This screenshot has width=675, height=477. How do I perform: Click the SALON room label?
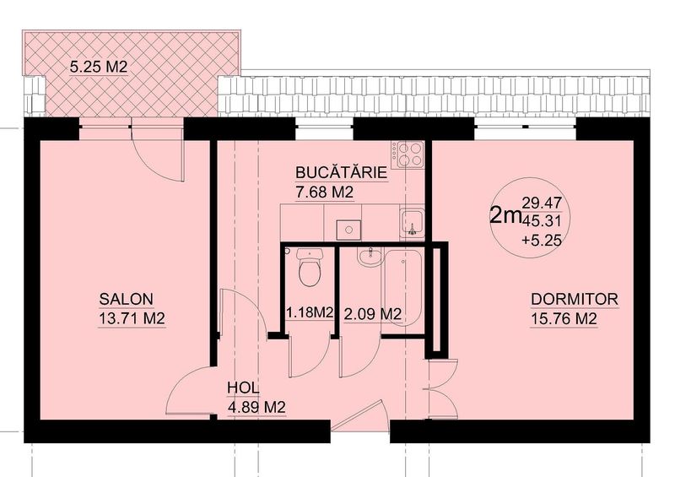point(126,299)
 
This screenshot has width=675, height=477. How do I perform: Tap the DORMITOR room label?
point(575,299)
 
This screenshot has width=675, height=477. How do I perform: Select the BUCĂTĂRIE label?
point(342,172)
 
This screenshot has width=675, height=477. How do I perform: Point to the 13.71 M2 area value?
point(132,319)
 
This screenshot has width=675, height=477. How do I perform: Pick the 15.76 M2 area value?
point(564,319)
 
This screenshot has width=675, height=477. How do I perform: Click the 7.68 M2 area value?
point(325,192)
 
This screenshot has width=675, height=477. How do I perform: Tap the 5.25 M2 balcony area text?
point(99,67)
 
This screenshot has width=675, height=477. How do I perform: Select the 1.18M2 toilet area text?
point(310,312)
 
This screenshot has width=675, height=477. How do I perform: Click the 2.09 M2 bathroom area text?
point(373,313)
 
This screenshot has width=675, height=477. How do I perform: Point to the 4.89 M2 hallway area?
point(256,407)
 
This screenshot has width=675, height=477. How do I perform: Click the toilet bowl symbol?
point(310,268)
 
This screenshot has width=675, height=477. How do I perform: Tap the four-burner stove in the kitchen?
point(408,155)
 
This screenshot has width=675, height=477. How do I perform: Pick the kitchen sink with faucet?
point(412,223)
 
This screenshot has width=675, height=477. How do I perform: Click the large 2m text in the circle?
point(505,215)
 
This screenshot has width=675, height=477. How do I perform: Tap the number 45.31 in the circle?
point(542,221)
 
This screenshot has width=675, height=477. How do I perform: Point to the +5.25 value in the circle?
point(542,240)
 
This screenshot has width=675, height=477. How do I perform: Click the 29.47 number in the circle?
point(542,202)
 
